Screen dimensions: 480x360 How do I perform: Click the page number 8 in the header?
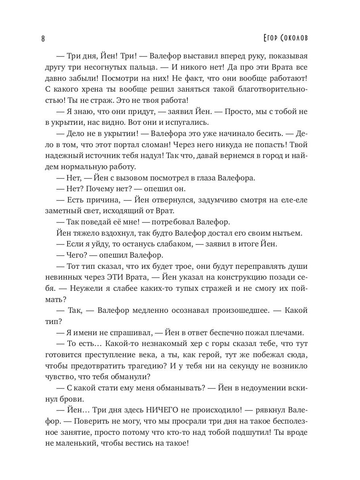(x=43, y=38)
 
